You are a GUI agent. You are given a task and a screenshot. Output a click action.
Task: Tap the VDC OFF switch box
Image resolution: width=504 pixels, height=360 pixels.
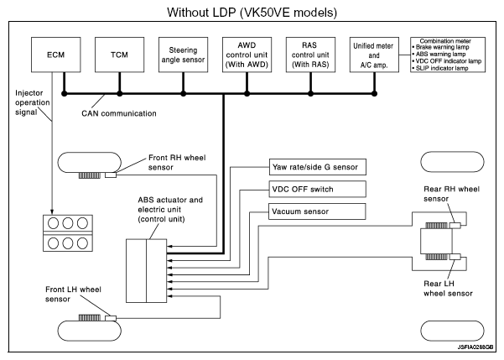tap(318, 188)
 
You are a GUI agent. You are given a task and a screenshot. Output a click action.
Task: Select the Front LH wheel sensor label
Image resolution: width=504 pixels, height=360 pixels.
tap(73, 294)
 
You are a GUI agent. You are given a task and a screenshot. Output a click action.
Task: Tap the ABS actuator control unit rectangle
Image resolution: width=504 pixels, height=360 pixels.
tap(147, 270)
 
